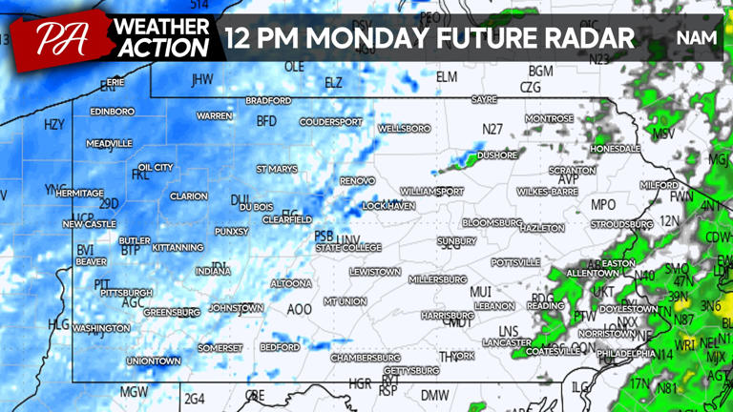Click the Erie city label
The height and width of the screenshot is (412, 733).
tap(115, 83)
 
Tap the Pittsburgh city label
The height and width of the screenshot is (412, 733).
tap(126, 293)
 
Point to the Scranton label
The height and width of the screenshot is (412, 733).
tap(572, 170)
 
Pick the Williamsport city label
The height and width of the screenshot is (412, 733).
tap(431, 192)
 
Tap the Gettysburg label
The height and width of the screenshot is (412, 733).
tap(411, 370)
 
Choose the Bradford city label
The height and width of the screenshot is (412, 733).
tap(268, 101)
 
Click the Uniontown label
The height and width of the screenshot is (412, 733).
tap(154, 361)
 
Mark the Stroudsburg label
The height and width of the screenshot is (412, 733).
tap(621, 224)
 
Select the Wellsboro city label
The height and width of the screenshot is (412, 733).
tap(404, 128)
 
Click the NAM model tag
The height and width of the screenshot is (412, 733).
tap(696, 37)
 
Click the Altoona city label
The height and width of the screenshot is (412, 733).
tap(291, 283)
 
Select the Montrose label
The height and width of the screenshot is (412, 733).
tap(550, 119)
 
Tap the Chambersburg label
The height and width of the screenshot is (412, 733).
tap(364, 358)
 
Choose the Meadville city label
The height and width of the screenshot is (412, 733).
tap(109, 144)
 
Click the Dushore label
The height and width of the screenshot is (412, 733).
tap(497, 154)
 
